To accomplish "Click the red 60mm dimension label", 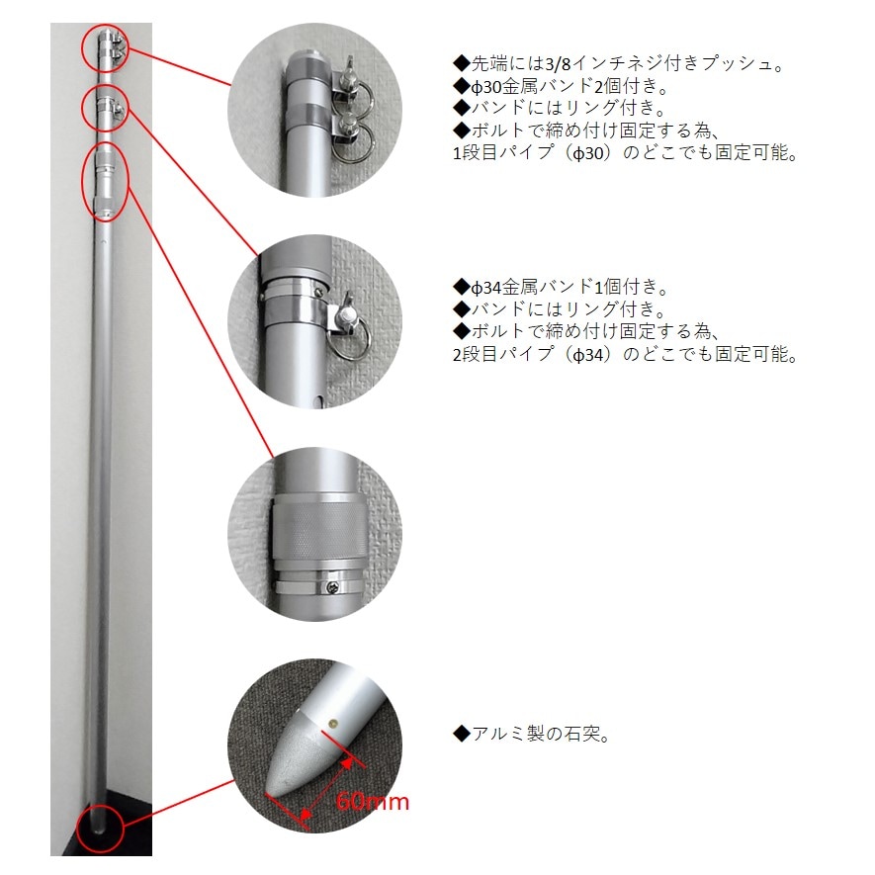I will pos(373,801).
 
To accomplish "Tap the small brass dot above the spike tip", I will pos(333,724).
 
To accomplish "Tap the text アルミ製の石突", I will pos(528,734).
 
